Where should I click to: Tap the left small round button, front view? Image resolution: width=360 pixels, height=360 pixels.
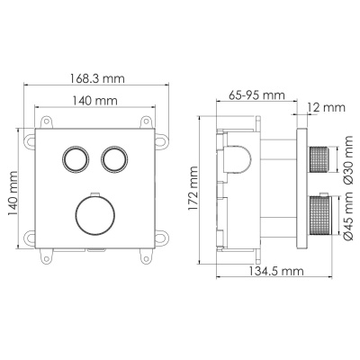[x=73, y=159]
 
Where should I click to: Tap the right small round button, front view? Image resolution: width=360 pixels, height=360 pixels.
[x=112, y=159]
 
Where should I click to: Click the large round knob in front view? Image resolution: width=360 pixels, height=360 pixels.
[x=93, y=216]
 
